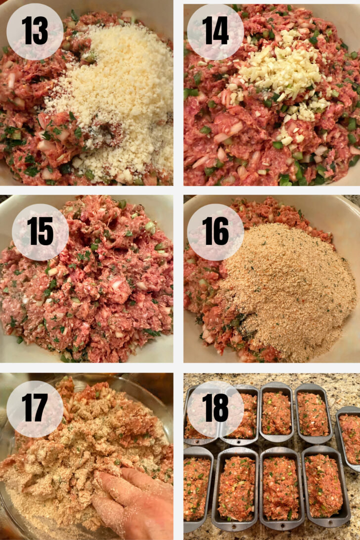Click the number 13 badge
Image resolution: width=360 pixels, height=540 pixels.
click(x=35, y=32)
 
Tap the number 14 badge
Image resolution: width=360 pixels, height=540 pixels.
click(x=215, y=32)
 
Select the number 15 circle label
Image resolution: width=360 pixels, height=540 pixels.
click(x=40, y=232)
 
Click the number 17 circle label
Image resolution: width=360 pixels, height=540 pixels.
click(x=35, y=409)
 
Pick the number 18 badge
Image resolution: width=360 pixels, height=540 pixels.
click(x=215, y=409)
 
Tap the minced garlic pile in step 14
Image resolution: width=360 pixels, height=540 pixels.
click(x=282, y=74)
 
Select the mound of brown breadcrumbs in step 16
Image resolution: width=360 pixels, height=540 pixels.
click(x=287, y=292)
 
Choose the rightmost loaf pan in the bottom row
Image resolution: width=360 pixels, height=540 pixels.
click(x=324, y=487)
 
